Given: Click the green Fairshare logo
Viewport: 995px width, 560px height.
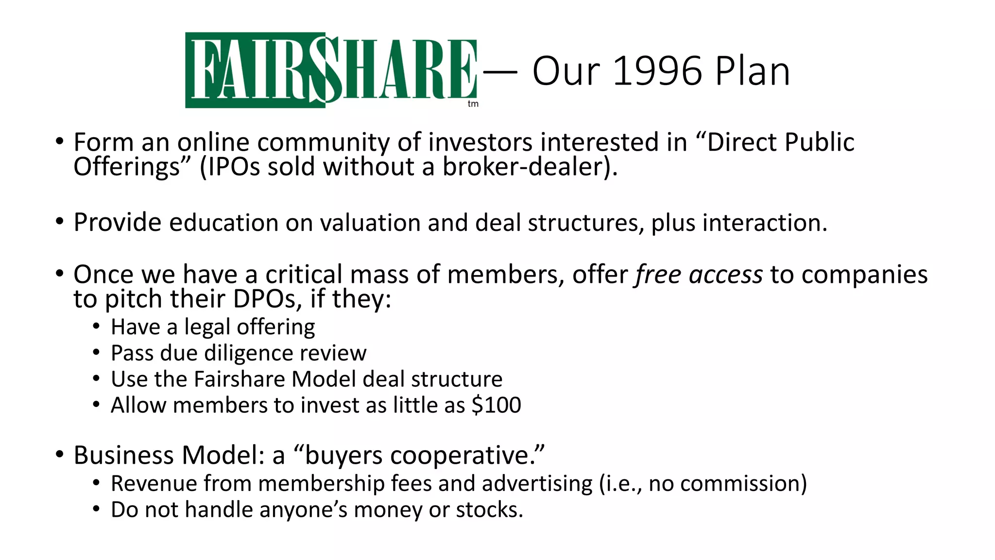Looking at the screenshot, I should click(331, 70).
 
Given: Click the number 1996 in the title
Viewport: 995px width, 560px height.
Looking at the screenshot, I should click(657, 71).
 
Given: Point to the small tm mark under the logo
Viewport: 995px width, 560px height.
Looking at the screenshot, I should click(473, 104).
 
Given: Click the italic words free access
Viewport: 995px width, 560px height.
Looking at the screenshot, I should click(699, 275).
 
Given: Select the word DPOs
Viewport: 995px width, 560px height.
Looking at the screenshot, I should click(264, 299).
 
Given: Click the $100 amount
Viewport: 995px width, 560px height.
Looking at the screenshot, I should click(496, 405).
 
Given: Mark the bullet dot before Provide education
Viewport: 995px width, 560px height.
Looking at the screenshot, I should click(60, 222).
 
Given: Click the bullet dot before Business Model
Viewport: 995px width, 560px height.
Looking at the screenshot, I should click(60, 455).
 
